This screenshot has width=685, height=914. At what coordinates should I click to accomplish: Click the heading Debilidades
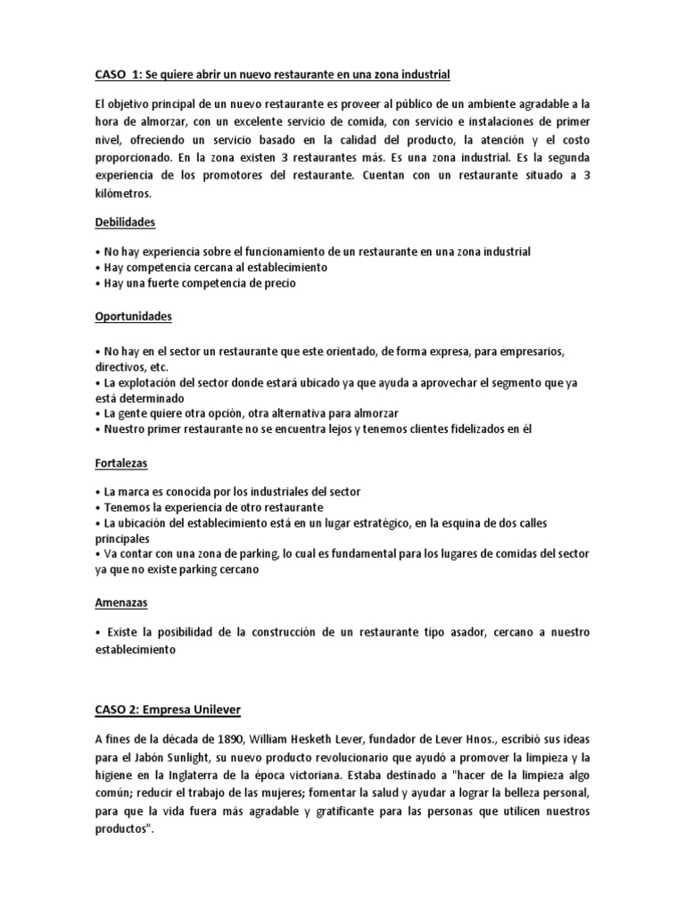tap(126, 220)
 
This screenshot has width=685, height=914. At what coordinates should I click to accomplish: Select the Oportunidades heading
tap(133, 316)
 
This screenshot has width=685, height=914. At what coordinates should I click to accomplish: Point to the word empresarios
tap(545, 350)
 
